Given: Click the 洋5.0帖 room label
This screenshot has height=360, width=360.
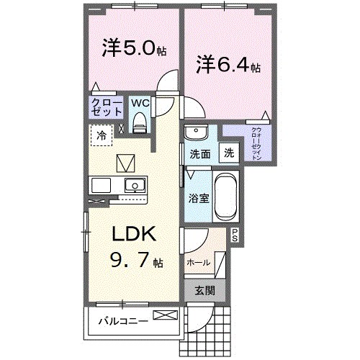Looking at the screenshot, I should [134, 49].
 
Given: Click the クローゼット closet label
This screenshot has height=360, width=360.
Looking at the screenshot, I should [105, 107].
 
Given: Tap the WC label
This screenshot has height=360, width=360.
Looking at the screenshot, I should [140, 102].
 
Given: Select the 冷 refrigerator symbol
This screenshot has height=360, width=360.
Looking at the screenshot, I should [102, 135].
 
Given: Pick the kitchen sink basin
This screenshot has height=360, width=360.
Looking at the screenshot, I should [134, 185].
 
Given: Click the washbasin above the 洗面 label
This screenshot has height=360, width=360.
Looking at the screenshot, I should [194, 132].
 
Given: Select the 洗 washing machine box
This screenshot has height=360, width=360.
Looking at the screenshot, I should [228, 153].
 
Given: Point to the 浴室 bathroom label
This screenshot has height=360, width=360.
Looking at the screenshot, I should [199, 197].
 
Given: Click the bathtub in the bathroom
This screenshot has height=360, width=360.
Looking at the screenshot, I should [225, 197].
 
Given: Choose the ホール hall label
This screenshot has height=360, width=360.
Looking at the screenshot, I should [199, 263].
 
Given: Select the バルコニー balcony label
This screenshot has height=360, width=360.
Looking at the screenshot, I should [124, 320].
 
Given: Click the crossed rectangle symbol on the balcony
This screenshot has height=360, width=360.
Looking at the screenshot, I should [164, 315].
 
